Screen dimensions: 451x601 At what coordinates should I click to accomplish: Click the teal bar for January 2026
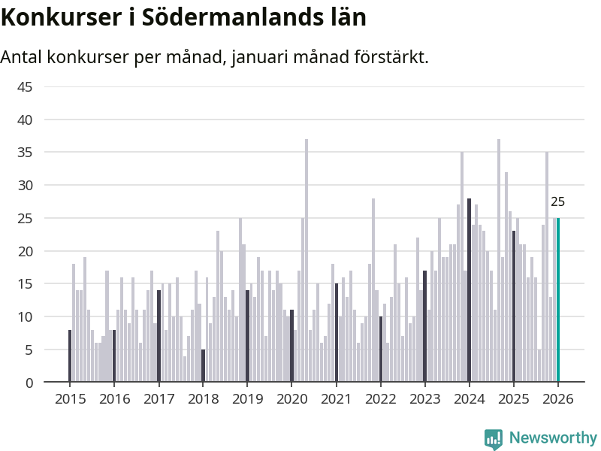pyautogui.click(x=558, y=300)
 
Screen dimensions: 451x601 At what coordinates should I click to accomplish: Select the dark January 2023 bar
pyautogui.click(x=424, y=326)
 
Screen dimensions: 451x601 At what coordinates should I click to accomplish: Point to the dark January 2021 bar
pyautogui.click(x=336, y=333)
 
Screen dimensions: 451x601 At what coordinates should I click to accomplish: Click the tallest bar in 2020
pyautogui.click(x=307, y=260)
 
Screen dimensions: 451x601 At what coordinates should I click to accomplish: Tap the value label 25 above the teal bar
pyautogui.click(x=557, y=202)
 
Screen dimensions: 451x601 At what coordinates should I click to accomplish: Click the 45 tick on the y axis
pyautogui.click(x=25, y=87)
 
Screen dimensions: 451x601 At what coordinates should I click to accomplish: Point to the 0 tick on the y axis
pyautogui.click(x=29, y=383)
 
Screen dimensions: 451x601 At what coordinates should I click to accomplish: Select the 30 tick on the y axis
pyautogui.click(x=25, y=186)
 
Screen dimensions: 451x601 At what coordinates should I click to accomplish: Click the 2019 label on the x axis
pyautogui.click(x=247, y=399)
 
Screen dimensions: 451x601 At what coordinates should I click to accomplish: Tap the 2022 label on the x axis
pyautogui.click(x=380, y=399)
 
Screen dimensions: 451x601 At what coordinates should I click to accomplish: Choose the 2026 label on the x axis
pyautogui.click(x=557, y=399)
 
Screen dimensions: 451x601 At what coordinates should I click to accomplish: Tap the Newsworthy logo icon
pyautogui.click(x=494, y=439)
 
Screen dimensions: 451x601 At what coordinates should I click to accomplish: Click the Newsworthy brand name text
pyautogui.click(x=553, y=438)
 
